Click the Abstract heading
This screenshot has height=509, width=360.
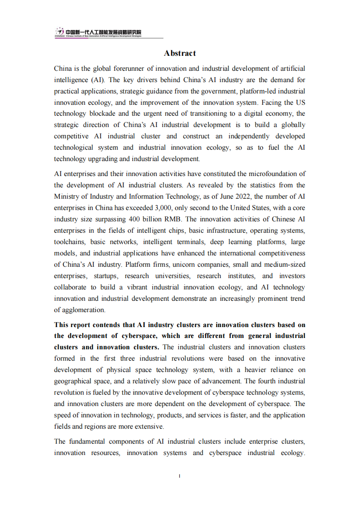point(180,54)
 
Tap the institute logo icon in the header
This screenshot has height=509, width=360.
point(59,32)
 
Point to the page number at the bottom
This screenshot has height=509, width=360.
point(180,476)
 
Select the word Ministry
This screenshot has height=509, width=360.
point(66,196)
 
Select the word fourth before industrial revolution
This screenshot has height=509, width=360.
point(267,381)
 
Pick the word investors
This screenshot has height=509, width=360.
point(292,276)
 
